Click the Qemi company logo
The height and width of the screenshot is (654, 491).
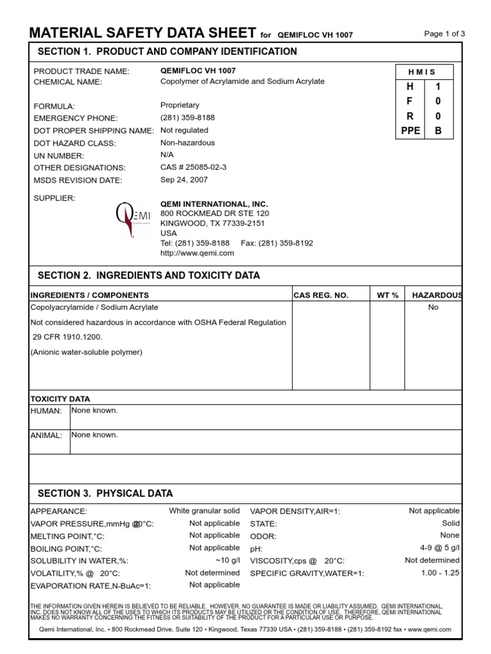132,220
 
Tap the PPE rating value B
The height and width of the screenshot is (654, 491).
438,131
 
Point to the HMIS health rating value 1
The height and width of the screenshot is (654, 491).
438,86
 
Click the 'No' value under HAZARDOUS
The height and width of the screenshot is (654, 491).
433,307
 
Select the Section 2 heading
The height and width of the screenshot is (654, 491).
149,275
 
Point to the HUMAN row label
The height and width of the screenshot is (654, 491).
46,411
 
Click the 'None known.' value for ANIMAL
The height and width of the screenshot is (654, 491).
95,435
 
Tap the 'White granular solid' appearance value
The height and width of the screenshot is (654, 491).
204,511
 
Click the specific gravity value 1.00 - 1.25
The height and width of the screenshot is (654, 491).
440,572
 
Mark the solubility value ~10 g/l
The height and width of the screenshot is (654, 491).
228,560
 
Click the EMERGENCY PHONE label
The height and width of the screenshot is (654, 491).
75,118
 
